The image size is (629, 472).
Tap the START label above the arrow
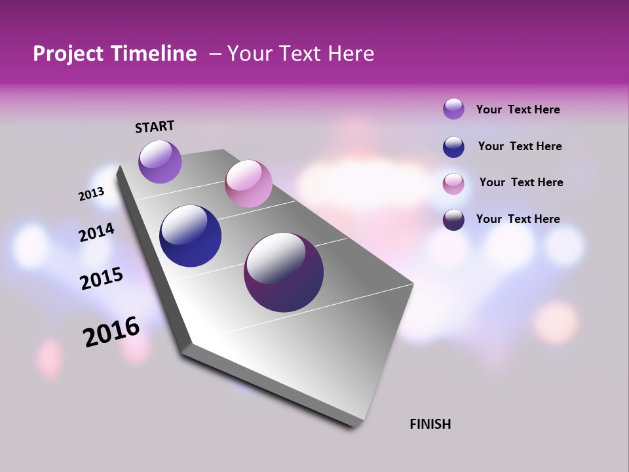(x=155, y=127)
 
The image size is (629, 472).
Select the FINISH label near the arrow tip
(x=430, y=424)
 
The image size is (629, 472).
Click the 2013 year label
(x=92, y=194)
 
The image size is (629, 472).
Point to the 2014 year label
(x=97, y=233)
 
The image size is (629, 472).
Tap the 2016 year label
(x=111, y=332)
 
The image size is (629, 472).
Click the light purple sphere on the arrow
(x=160, y=162)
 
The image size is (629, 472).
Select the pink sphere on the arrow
(x=248, y=184)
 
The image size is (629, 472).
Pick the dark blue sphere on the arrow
(x=190, y=236)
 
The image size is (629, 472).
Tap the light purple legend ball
(x=453, y=109)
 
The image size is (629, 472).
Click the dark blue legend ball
(x=453, y=146)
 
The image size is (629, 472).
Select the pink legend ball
(x=453, y=184)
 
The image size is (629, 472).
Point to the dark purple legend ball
(x=453, y=220)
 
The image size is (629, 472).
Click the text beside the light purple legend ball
(x=518, y=109)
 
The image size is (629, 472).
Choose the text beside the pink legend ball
(x=521, y=182)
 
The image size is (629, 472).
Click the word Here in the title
(x=351, y=54)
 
